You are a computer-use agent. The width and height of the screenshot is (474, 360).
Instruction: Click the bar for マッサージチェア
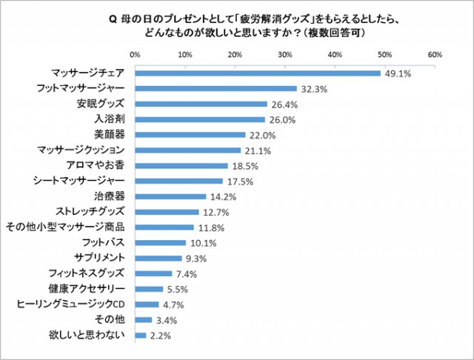pos(257,73)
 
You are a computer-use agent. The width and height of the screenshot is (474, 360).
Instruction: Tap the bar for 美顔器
pos(190,135)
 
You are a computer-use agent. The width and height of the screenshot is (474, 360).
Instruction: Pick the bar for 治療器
pos(170,196)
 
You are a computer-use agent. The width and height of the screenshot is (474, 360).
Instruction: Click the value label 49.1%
pos(398,73)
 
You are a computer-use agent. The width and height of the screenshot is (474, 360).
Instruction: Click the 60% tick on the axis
pos(435,54)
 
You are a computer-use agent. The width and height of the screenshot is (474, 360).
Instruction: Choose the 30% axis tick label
pos(285,54)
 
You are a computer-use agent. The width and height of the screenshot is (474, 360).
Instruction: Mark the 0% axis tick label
pos(135,54)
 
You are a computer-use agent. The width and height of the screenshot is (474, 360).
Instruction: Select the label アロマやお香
pos(100,165)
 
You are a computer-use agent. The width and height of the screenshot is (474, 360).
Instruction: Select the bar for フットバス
pos(160,242)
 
